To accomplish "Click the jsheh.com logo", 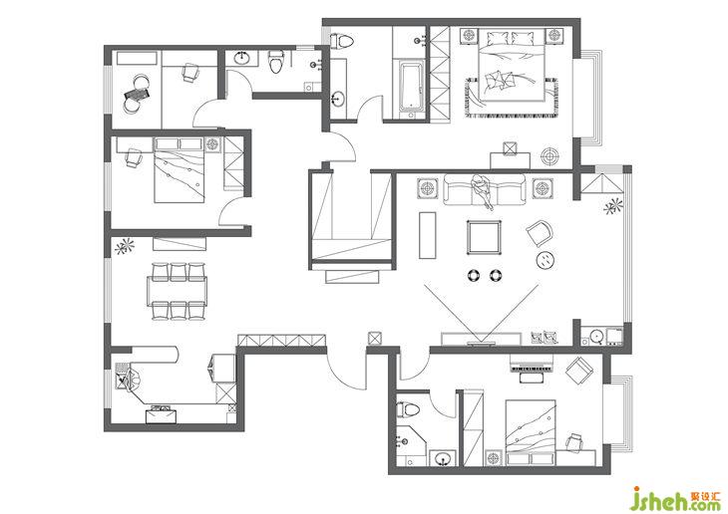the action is tap(678, 498).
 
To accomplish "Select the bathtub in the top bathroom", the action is tap(411, 87).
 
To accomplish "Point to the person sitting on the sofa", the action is tap(481, 190).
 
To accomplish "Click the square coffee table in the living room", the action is tap(485, 237).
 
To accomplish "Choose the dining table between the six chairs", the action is tap(177, 291).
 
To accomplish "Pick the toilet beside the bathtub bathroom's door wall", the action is tap(342, 41).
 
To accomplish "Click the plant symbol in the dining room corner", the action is tap(124, 246).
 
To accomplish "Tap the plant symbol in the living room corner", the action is tap(613, 206).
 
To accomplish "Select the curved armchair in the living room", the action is tap(540, 233).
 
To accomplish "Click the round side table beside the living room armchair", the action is tap(546, 260).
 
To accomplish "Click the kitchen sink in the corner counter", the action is tap(124, 377).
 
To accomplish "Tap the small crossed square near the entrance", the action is tap(374, 338).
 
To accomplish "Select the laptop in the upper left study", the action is tap(137, 95).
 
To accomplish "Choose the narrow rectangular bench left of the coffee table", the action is tap(427, 235).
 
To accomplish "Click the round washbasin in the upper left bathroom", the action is tap(241, 59).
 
